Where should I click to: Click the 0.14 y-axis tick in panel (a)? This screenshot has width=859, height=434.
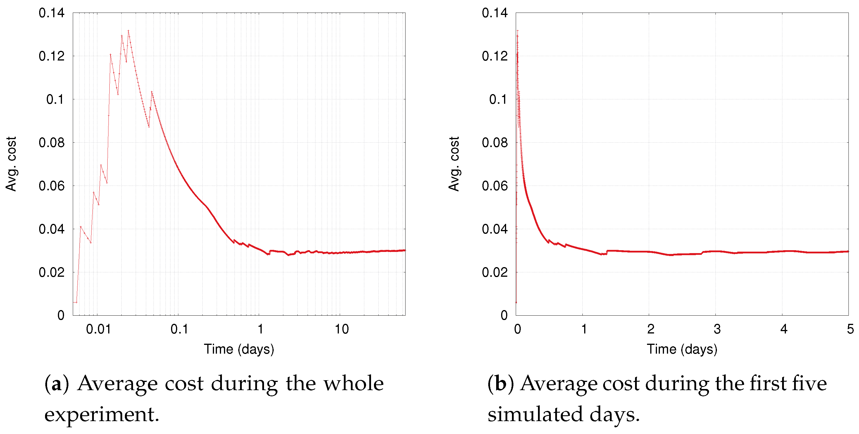[x=51, y=13]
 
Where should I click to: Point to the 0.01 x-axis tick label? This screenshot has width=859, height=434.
[x=98, y=329]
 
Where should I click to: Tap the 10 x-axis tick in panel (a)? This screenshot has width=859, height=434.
[x=341, y=329]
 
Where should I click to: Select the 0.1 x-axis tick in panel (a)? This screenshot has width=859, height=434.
[x=179, y=329]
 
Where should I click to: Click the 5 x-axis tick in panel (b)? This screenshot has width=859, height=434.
[x=850, y=329]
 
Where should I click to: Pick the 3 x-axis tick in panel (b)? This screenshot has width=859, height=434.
[x=717, y=329]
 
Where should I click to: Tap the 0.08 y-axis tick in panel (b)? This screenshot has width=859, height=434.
[x=494, y=143]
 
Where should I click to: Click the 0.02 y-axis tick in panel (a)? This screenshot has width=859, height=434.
[x=51, y=272]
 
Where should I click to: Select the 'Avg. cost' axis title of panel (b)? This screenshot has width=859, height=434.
[x=454, y=164]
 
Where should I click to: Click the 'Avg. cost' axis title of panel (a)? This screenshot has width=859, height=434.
[x=11, y=164]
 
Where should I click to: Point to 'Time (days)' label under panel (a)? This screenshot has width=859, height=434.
[x=239, y=349]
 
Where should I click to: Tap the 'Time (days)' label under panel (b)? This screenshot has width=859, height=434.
[x=682, y=349]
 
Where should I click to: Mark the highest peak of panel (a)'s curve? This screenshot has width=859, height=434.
[x=128, y=31]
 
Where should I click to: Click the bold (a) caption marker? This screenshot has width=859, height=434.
[x=57, y=383]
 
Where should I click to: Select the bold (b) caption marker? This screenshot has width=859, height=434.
[x=500, y=383]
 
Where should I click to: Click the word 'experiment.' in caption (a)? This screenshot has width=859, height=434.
[x=102, y=414]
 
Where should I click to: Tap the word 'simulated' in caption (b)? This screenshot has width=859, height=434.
[x=535, y=414]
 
